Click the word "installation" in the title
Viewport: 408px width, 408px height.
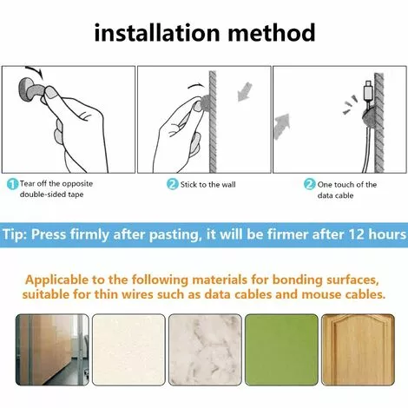pos(157,32)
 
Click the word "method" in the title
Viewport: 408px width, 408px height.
pos(272,32)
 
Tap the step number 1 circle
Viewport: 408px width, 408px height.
pos(12,184)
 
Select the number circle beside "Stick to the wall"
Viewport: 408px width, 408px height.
pos(172,184)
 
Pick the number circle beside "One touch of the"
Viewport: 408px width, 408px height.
pos(309,184)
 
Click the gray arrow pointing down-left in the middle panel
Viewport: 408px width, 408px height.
pos(245,91)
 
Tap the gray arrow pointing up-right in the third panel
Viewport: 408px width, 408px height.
pos(281,126)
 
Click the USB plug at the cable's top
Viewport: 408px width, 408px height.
pos(368,90)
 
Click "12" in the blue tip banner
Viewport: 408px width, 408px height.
pos(357,234)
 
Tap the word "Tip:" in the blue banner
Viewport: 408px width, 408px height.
pos(15,234)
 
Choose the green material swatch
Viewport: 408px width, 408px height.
pos(281,350)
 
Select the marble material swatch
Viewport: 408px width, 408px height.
pos(205,350)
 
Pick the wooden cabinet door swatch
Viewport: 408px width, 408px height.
pos(358,350)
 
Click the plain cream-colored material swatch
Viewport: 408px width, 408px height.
pos(128,350)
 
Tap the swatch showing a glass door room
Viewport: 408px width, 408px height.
pos(52,350)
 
